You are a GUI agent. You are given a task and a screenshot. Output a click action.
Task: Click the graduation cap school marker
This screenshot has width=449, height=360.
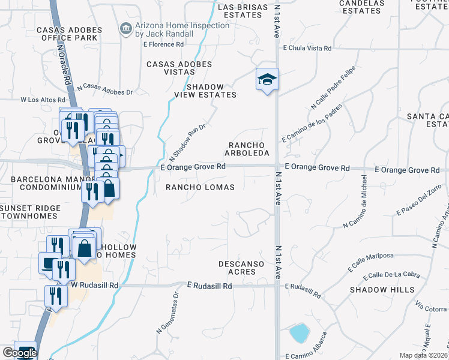[x=268, y=80]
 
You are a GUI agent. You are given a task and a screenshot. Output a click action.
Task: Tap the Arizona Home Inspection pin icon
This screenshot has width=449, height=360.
[x=125, y=28]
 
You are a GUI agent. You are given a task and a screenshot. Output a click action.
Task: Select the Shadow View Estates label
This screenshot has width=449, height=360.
[x=205, y=91]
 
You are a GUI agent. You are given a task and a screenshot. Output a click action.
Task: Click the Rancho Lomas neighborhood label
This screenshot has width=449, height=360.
[x=200, y=187]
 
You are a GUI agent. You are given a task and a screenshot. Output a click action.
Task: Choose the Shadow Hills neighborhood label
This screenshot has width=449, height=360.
[x=383, y=290]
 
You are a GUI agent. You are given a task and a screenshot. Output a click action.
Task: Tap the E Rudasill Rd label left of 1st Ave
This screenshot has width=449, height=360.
[x=209, y=286]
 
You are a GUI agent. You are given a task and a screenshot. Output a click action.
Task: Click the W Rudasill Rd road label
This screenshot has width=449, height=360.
[x=95, y=285]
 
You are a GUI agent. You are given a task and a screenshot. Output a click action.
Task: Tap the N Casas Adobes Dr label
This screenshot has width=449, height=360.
[x=104, y=89]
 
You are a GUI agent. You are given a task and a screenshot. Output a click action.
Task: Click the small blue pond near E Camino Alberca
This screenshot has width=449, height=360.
[x=299, y=332]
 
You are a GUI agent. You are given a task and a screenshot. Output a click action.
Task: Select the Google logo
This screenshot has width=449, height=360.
[x=20, y=353]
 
